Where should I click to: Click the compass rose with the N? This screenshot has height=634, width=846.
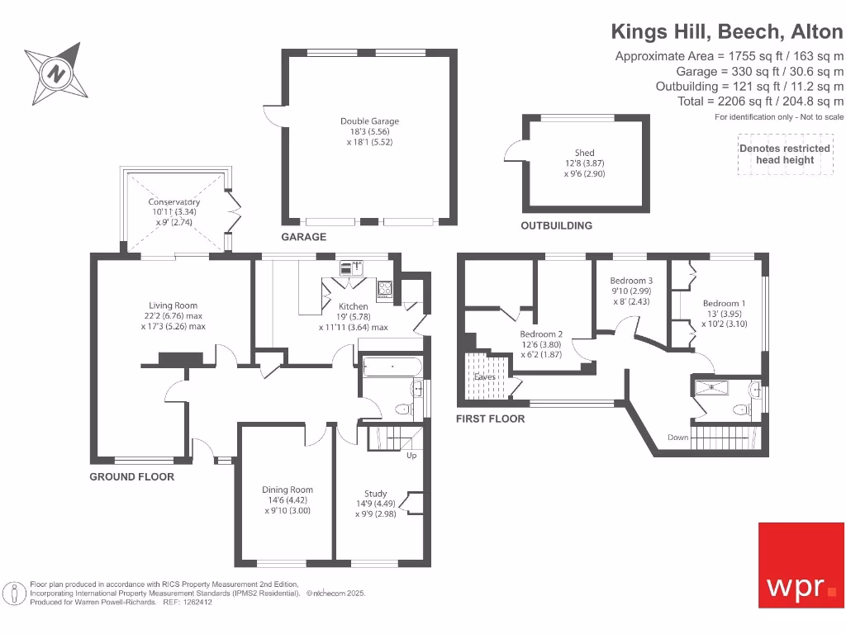56,73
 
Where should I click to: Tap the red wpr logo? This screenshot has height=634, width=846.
801,565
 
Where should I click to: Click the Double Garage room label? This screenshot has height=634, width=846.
369,121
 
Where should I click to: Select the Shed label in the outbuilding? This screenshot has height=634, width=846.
584,153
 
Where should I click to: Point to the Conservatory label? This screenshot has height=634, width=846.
173,201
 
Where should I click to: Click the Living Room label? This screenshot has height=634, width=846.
173,305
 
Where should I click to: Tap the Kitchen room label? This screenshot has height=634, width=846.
354,306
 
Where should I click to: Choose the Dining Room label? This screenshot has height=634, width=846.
288,490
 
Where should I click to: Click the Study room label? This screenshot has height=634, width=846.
376,494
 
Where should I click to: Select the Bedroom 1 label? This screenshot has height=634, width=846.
724,304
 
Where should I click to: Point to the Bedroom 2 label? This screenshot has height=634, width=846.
541,334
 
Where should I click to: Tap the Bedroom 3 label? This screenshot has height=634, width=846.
631,281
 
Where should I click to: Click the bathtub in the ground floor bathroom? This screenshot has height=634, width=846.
392,367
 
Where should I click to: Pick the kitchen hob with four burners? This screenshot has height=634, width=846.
384,288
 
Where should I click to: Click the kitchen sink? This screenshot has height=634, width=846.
351,267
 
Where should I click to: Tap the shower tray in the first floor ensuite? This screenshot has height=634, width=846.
711,388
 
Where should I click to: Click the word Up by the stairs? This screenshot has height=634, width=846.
411,456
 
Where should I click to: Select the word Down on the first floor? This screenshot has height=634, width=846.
678,438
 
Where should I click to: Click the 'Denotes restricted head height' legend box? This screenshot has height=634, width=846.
785,154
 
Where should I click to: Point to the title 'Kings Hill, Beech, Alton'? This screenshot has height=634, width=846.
727,32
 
